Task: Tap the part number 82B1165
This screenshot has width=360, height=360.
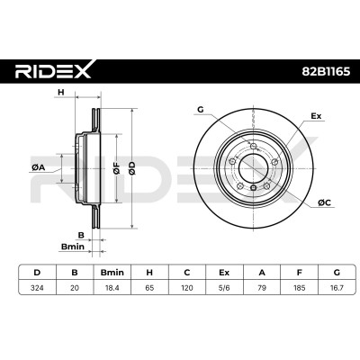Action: coord(326,72)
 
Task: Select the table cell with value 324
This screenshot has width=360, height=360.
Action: coord(37,288)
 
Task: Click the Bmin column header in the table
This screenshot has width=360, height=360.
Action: coord(112,273)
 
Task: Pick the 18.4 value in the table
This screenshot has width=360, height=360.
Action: coord(112,288)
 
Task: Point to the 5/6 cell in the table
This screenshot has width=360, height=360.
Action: coord(224,288)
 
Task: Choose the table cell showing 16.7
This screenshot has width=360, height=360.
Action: coord(337,288)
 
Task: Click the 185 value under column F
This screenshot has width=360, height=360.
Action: coord(300,288)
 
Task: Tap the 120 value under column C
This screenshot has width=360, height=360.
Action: coord(187,288)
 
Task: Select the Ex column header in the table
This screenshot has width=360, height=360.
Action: coord(224,273)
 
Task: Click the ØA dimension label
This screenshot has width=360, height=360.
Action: coord(38,168)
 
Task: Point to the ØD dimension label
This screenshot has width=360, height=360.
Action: coord(132,168)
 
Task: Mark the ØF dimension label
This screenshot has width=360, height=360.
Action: coord(116,168)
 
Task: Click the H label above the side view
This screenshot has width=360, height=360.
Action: coord(61,93)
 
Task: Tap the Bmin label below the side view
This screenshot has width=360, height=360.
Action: coord(73,247)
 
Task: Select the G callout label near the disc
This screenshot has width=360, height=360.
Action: coord(201,110)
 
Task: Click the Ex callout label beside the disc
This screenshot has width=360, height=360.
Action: coord(316,116)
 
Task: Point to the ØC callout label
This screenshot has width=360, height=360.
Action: coord(324,203)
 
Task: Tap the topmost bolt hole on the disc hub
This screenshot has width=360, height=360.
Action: coord(254,146)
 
